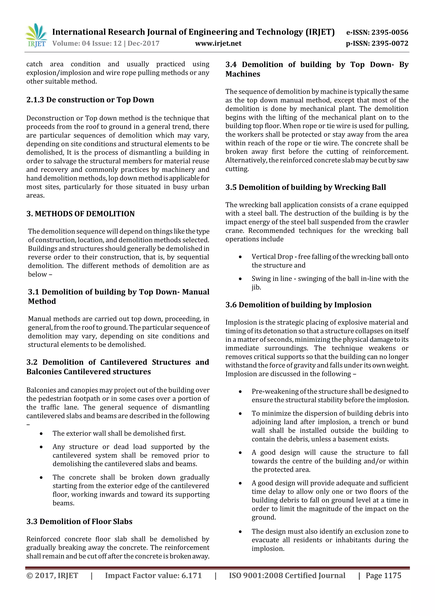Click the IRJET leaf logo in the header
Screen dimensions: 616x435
[36, 35]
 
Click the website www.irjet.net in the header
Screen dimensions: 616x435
[218, 43]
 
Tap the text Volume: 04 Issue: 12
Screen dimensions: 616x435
[87, 43]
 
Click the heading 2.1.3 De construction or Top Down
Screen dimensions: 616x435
[90, 100]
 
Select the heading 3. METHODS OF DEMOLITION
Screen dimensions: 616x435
[80, 214]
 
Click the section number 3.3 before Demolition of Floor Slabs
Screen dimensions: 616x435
[32, 521]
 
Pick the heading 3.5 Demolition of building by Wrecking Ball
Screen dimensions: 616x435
[305, 187]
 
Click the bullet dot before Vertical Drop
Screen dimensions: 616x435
[240, 257]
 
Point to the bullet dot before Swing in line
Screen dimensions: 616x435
[240, 279]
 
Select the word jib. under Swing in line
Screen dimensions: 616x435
[256, 287]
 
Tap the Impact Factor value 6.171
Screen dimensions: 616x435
[191, 576]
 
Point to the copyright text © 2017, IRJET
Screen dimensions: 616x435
[52, 576]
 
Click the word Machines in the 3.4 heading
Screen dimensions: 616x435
[243, 74]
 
